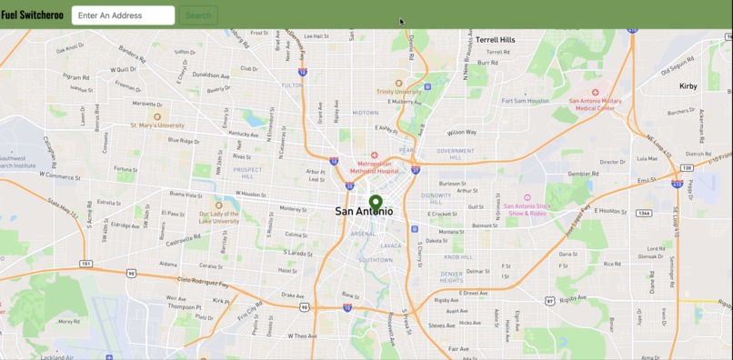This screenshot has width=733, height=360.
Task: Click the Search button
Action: coord(197,15)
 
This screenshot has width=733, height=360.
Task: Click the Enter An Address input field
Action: coord(123,15)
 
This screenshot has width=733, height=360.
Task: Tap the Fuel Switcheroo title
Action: coord(32,15)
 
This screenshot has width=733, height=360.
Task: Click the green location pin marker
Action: coord(376,203)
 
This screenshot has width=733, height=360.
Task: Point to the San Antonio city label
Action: coord(364,212)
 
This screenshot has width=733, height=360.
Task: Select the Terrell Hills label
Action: coord(495,40)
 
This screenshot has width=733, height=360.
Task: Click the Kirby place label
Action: coord(688,86)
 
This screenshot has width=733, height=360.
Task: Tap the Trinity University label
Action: coord(398,91)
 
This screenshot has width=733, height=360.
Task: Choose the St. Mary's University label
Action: coord(157,125)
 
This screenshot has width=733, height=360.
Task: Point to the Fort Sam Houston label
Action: coord(527,101)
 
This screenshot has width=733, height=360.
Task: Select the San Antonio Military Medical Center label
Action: coord(595,104)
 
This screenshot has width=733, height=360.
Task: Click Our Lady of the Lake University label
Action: coord(218,217)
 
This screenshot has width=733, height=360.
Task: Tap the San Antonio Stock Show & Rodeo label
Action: coord(527,209)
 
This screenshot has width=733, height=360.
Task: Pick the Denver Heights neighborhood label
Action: coord(452,275)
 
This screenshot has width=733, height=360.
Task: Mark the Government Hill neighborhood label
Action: coord(455,154)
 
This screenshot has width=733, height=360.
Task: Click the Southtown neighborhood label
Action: coord(376,260)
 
